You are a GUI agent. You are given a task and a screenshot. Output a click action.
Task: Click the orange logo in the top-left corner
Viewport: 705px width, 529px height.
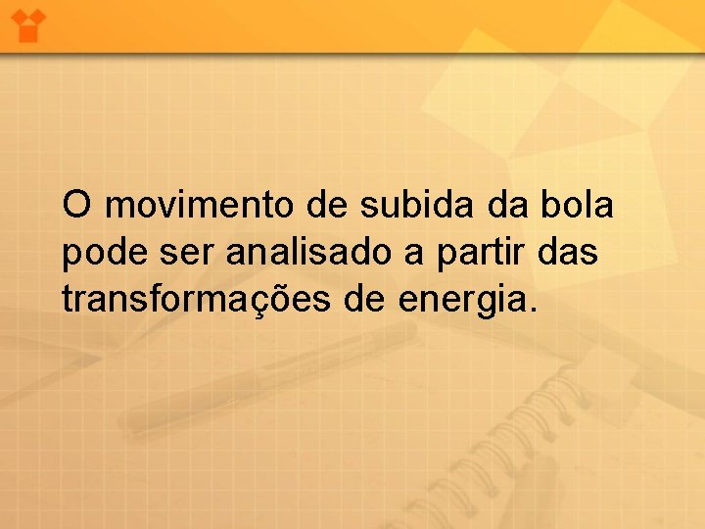point(28,24)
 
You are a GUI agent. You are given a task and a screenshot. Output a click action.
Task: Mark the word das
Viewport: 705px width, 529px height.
point(571,253)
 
